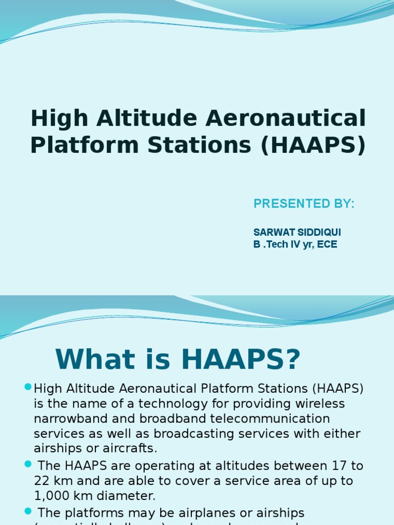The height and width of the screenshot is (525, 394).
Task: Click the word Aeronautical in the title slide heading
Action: [286, 118]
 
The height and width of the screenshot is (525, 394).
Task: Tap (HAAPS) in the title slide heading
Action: [313, 145]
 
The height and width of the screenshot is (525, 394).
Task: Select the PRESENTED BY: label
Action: [304, 204]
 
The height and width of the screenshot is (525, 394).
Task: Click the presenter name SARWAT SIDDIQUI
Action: [297, 233]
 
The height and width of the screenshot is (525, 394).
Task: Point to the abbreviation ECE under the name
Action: [327, 245]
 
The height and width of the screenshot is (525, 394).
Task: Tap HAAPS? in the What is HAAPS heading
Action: [241, 359]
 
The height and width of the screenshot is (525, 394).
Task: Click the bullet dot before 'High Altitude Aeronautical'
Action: [28, 386]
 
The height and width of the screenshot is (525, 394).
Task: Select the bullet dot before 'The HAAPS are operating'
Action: [28, 464]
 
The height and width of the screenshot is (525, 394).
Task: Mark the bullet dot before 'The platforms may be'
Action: [28, 510]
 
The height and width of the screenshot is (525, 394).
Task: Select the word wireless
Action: [320, 403]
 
